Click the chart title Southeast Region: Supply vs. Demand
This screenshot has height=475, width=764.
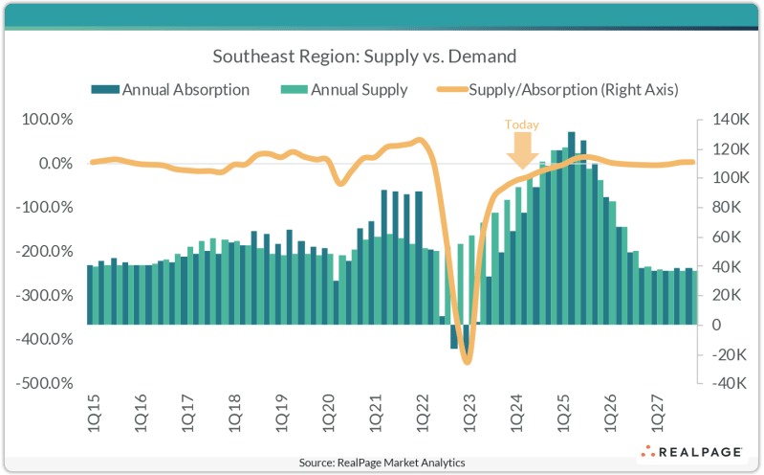382,57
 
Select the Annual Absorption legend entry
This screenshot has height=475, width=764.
171,90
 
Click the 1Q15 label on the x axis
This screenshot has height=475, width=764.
92,409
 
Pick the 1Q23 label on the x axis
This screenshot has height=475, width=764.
468,409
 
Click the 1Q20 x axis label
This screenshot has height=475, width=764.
327,409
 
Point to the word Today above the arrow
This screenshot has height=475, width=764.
522,124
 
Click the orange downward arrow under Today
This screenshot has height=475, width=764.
522,149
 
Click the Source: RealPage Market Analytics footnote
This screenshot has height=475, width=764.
382,463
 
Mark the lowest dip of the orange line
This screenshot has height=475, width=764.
467,362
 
